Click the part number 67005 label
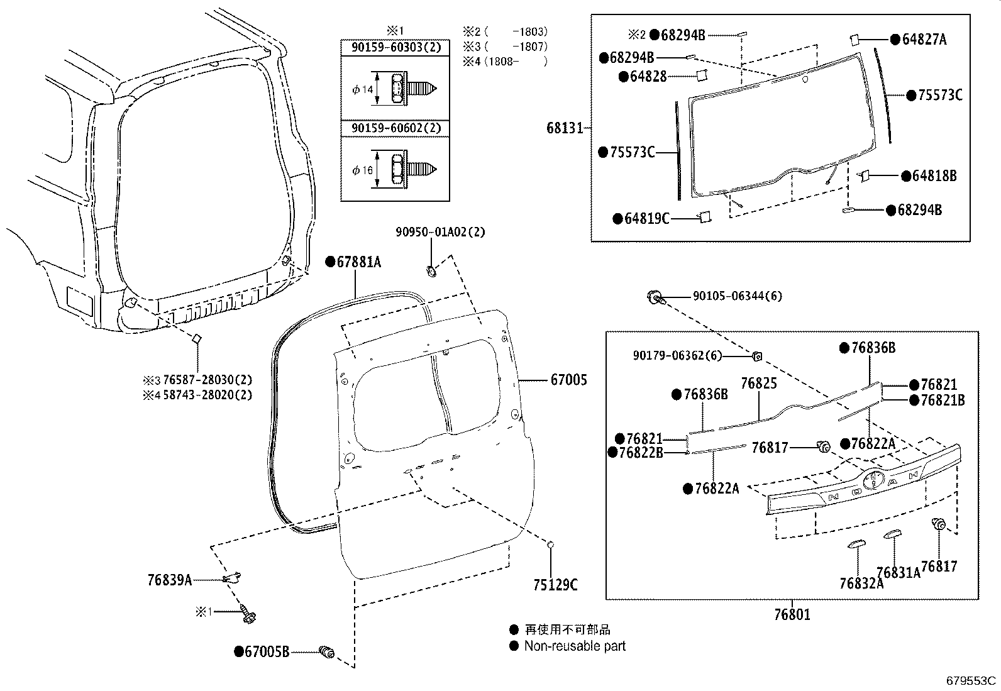coord(568,380)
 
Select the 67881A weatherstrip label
coord(358,262)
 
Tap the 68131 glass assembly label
coord(564,128)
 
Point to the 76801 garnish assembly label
coord(792,614)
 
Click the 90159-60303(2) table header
coord(395,47)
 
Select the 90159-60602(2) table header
coord(395,128)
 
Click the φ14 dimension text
coord(363,90)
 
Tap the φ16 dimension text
coord(363,170)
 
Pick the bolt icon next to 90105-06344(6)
coord(655,296)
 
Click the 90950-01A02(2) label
coord(440,232)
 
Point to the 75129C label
coord(556,585)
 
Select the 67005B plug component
coord(327,653)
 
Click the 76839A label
coord(170,580)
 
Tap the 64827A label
coord(924,40)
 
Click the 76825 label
coord(758,383)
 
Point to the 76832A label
coord(861,583)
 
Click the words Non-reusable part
coord(575,646)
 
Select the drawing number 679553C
coord(972,680)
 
